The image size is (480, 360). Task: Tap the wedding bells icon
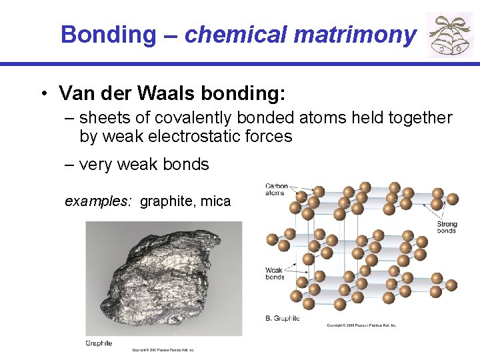pyautogui.click(x=449, y=35)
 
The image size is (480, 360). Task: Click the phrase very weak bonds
pyautogui.click(x=143, y=164)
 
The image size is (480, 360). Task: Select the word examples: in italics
pyautogui.click(x=99, y=201)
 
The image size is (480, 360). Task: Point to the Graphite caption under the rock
pyautogui.click(x=99, y=343)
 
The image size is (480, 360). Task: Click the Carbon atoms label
pyautogui.click(x=276, y=189)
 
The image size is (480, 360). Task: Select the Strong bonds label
pyautogui.click(x=446, y=227)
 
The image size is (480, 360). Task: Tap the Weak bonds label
pyautogui.click(x=275, y=273)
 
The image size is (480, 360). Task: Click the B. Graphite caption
pyautogui.click(x=283, y=318)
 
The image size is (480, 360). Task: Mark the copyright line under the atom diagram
pyautogui.click(x=361, y=325)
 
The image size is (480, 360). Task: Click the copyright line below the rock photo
pyautogui.click(x=163, y=349)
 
